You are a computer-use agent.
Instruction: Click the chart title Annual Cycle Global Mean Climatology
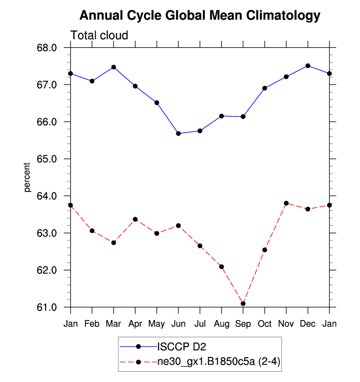coord(199,16)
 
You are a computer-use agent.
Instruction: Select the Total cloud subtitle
coord(99,35)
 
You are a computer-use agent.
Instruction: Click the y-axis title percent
coord(28,177)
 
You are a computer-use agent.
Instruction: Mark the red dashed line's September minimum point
coord(243,303)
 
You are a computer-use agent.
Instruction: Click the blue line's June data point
coord(178,133)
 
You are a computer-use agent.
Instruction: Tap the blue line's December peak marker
coord(308,65)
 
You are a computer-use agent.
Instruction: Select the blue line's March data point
coord(113,67)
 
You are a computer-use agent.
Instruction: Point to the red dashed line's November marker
coord(286,203)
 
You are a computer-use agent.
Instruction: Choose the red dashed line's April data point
coord(135,219)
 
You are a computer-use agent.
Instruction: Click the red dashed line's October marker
coord(265,250)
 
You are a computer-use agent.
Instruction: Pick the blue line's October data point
coord(265,88)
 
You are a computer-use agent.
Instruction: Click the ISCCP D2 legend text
coord(180,347)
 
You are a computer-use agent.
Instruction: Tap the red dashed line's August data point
coord(222,266)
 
